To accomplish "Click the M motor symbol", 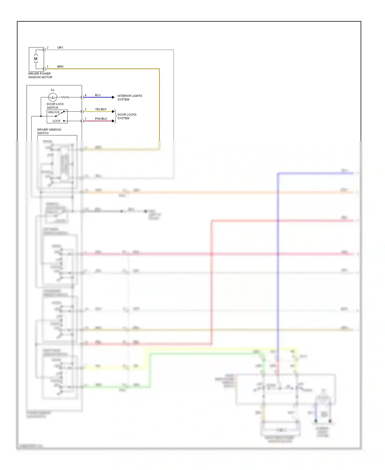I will [36, 59].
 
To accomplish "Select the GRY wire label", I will [60, 48].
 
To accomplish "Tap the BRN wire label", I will [60, 67].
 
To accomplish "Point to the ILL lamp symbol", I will [53, 97].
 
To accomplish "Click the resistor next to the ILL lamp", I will [65, 97].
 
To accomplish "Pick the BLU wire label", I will [98, 95].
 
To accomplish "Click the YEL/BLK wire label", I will [101, 109].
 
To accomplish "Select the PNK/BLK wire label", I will [101, 119].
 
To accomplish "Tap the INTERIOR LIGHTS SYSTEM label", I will [130, 97].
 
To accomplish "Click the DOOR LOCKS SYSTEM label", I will [127, 116].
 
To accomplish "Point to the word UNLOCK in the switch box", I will [54, 112].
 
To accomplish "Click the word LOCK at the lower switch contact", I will [56, 121].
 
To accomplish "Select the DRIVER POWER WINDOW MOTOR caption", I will [40, 75].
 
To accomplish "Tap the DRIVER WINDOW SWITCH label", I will [49, 131].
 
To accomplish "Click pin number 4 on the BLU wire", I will [86, 95].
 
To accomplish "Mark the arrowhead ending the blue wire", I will [113, 97].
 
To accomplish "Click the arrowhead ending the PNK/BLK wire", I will [113, 121].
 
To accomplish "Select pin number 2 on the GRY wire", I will [47, 48].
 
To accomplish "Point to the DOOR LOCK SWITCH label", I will [55, 106].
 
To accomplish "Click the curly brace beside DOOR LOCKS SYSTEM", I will [115, 116].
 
